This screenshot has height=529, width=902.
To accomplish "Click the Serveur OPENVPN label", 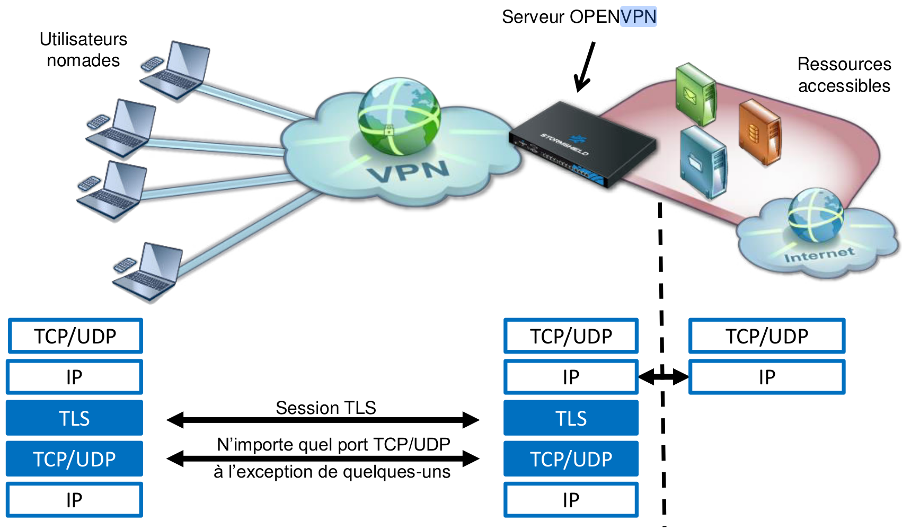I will pyautogui.click(x=579, y=17).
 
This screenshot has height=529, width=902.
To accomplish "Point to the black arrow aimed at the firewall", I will pyautogui.click(x=586, y=66).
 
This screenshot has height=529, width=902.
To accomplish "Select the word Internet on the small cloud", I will pyautogui.click(x=819, y=255).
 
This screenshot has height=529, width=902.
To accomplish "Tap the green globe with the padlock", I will pyautogui.click(x=399, y=116).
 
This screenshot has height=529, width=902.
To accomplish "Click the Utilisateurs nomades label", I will pyautogui.click(x=83, y=50).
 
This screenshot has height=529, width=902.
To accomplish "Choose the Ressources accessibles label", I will pyautogui.click(x=844, y=75).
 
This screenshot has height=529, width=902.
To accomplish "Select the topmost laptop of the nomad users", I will pyautogui.click(x=176, y=71).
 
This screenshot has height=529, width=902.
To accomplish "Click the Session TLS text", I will pyautogui.click(x=325, y=408).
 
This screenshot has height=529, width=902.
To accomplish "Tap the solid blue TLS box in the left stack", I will pyautogui.click(x=74, y=418).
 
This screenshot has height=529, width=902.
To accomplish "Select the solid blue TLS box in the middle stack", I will pyautogui.click(x=571, y=418).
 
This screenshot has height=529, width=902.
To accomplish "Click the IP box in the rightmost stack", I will pyautogui.click(x=766, y=377).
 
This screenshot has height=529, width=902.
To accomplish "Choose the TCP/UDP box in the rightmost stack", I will pyautogui.click(x=766, y=336).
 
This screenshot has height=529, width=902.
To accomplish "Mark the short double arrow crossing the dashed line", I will pyautogui.click(x=664, y=377).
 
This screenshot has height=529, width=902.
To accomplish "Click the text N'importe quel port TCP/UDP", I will pyautogui.click(x=333, y=444).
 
